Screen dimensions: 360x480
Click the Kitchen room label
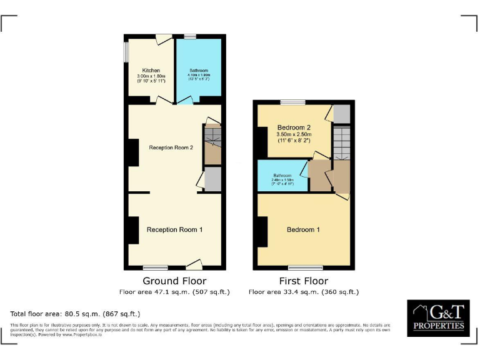(x=151, y=70)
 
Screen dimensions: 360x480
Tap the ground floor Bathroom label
(x=198, y=71)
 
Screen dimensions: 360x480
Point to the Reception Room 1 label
(x=174, y=230)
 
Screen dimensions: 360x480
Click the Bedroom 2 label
(x=294, y=126)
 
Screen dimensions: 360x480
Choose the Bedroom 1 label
(x=303, y=230)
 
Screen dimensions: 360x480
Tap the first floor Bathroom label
(x=282, y=176)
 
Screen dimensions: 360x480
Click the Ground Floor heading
(x=174, y=281)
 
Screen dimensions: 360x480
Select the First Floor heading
(x=303, y=281)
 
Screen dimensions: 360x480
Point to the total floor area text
(x=75, y=314)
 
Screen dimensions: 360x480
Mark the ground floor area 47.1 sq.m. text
(x=174, y=292)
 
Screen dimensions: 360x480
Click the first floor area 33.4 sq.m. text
(x=303, y=292)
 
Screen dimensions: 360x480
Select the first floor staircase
(x=341, y=143)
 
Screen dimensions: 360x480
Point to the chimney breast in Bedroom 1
(x=262, y=231)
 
